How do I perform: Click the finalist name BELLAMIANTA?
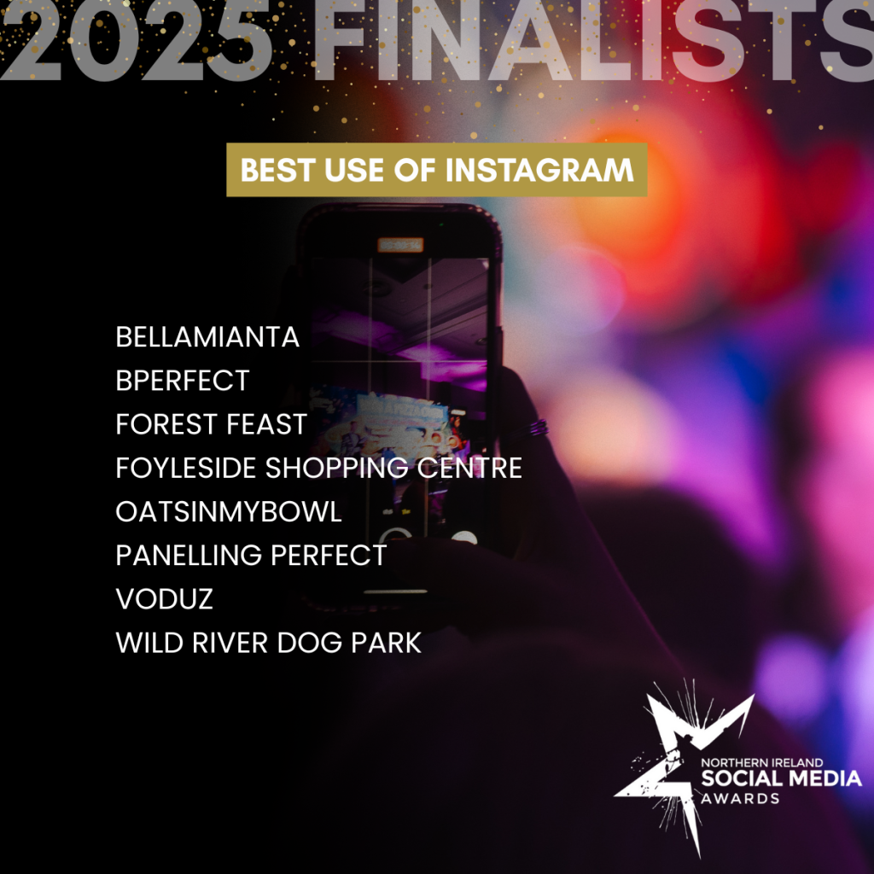(x=207, y=337)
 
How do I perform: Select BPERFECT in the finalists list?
(x=183, y=381)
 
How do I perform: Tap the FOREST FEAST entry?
(x=212, y=424)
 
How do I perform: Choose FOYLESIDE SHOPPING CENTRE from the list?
(x=319, y=468)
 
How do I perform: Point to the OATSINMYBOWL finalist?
(x=229, y=512)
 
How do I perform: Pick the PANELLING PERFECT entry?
(x=252, y=555)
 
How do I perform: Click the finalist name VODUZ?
(x=165, y=598)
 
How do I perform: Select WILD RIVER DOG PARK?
(x=269, y=643)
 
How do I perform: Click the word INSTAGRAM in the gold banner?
(x=539, y=170)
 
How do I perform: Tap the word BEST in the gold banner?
(x=277, y=170)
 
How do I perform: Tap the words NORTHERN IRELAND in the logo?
(x=761, y=762)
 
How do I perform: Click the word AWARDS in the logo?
(x=740, y=798)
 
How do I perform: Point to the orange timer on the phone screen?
(x=400, y=245)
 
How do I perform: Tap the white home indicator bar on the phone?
(x=396, y=591)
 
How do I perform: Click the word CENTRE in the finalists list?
(x=470, y=468)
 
